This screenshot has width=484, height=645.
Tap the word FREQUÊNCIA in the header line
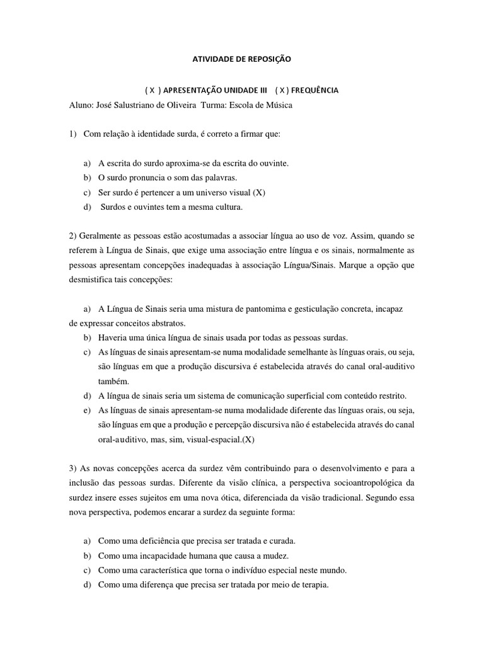point(313,90)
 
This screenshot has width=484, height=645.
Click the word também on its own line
point(113,381)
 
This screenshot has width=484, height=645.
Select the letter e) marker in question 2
point(87,410)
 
